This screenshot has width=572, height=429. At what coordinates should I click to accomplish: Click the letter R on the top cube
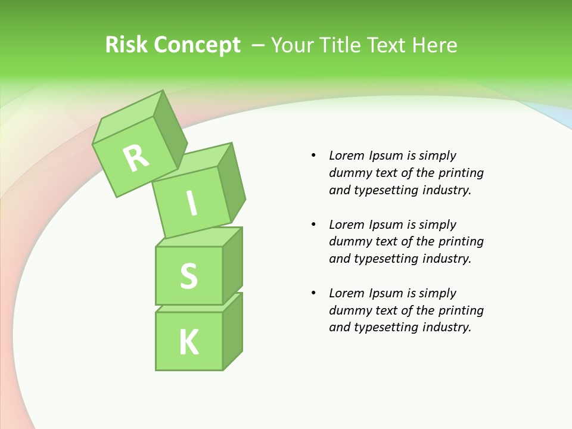tap(136, 157)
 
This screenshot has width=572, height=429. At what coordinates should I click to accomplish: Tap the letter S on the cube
tap(188, 276)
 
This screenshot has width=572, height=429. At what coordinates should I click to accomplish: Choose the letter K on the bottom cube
tap(188, 342)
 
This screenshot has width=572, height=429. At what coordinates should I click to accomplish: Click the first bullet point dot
tap(313, 156)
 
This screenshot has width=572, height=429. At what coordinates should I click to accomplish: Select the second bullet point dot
tap(313, 225)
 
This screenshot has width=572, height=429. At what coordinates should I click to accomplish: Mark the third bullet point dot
tap(313, 293)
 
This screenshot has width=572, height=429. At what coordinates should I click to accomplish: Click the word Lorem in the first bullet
tap(346, 156)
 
